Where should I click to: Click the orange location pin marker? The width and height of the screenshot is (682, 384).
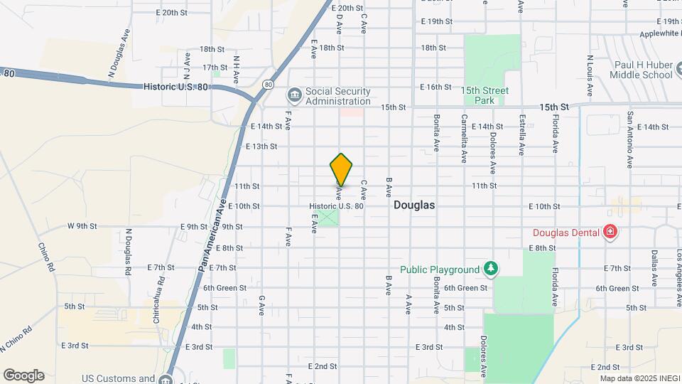point(341,169)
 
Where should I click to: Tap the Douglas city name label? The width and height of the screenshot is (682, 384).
point(413,205)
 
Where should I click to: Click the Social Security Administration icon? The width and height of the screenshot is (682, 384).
point(294,95)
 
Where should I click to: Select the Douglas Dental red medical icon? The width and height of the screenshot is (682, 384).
point(610,231)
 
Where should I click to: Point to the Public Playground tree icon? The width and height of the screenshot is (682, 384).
point(490,269)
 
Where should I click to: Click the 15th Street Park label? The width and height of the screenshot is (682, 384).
point(485,95)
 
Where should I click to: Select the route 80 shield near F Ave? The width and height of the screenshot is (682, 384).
point(267,85)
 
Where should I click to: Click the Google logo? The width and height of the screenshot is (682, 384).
point(23,375)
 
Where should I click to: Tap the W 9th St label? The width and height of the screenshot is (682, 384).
point(82,226)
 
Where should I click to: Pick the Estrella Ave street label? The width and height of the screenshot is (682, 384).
point(522,135)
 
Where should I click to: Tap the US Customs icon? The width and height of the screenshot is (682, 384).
point(166,380)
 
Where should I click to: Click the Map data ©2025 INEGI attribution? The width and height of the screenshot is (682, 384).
point(637,378)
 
